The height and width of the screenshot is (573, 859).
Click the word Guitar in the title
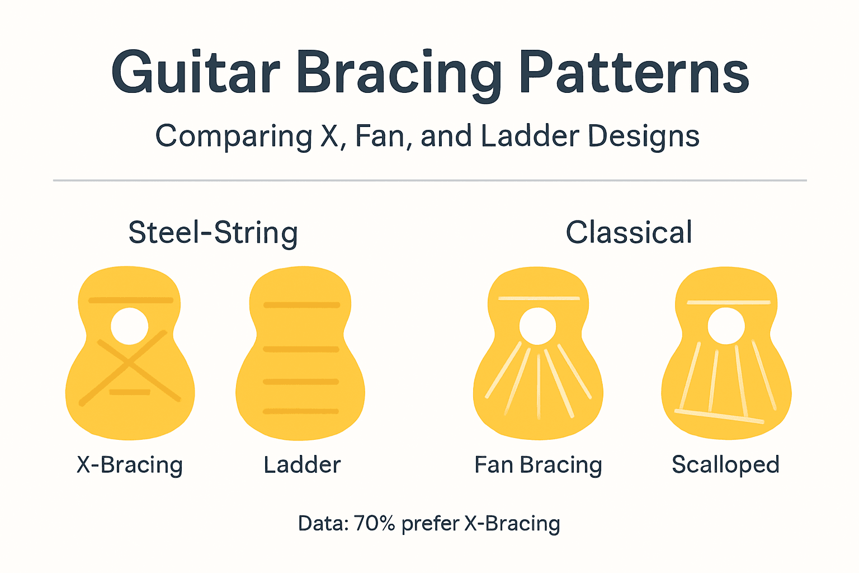195,73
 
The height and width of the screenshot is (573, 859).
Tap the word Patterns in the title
634,73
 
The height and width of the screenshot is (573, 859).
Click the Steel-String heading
213,233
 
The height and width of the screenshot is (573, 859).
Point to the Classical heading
629,233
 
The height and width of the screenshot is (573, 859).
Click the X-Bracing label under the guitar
130,465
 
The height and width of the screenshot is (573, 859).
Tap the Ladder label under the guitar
302,465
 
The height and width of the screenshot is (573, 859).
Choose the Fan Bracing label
538,465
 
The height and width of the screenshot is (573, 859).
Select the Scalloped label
725,465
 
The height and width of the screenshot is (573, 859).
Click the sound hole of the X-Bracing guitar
130,326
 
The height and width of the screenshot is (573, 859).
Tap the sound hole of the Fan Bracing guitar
537,326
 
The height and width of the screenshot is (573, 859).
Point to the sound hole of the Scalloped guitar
726,326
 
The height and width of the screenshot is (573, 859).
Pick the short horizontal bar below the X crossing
130,392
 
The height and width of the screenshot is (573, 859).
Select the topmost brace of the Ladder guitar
301,306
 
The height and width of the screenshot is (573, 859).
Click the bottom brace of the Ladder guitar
301,411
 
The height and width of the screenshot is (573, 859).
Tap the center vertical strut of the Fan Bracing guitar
539,386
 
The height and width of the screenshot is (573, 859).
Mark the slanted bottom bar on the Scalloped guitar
719,416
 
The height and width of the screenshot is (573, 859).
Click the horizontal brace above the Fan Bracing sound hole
539,298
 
